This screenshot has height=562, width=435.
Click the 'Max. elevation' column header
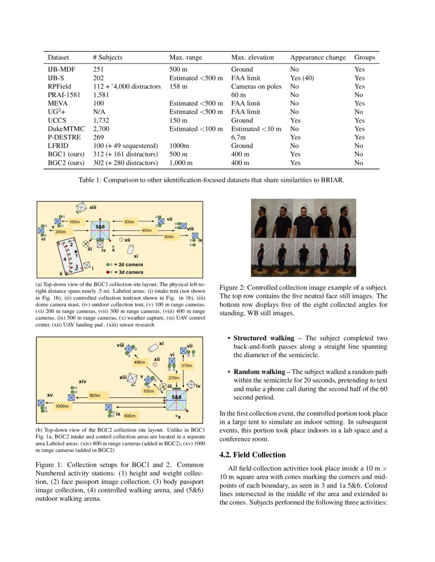tap(252, 58)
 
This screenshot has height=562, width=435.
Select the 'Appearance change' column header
tap(318, 58)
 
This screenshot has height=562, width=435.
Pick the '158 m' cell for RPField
tap(180, 86)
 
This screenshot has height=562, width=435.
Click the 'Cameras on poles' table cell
tap(256, 86)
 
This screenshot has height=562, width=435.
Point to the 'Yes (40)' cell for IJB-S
tap(301, 78)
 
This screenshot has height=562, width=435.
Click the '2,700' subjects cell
tap(101, 129)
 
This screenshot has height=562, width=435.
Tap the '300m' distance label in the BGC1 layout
tap(129, 222)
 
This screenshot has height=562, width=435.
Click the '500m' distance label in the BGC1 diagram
tap(168, 237)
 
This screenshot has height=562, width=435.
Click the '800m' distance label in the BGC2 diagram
tap(95, 395)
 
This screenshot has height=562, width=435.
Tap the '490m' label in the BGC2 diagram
tap(139, 362)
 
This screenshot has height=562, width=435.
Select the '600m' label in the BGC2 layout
tap(130, 415)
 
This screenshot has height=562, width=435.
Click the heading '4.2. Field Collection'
tap(252, 455)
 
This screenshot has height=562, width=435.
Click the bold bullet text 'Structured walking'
tap(264, 338)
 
